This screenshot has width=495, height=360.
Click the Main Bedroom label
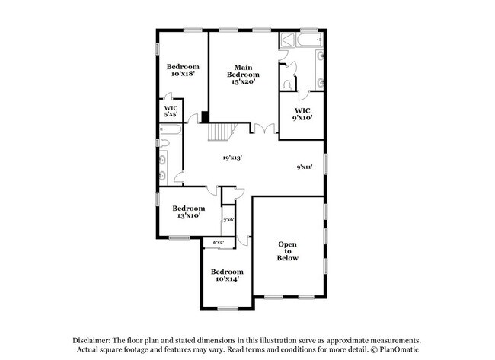click(244, 75)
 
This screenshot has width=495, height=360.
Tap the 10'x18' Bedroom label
click(183, 70)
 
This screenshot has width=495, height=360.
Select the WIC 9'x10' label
click(302, 114)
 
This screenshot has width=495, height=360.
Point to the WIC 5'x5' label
click(171, 112)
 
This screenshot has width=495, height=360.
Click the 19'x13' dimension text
click(232, 158)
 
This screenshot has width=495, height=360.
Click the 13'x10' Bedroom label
click(188, 212)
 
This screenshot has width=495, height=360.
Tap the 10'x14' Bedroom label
click(226, 276)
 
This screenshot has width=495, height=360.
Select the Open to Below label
click(287, 251)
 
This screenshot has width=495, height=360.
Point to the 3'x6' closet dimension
click(228, 220)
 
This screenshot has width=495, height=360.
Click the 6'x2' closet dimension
click(219, 243)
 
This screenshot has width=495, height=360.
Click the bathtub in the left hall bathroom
click(171, 129)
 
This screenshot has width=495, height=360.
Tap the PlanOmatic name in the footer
click(399, 350)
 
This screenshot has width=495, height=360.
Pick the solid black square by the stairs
click(205, 117)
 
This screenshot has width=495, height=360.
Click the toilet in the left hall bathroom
click(162, 142)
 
